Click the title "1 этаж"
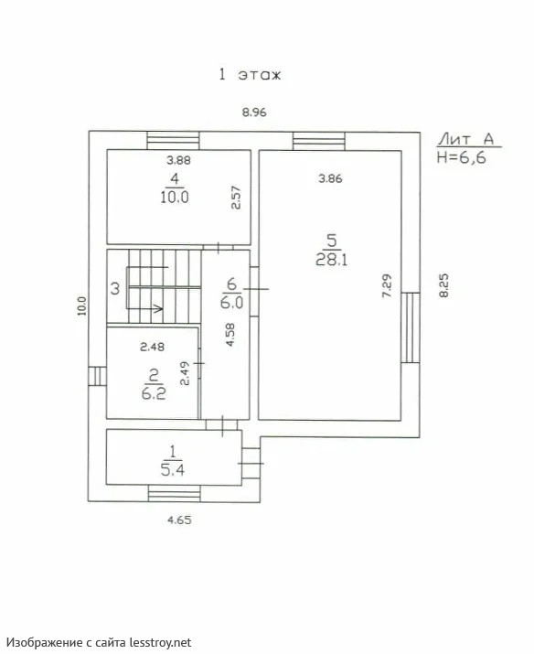click(x=251, y=75)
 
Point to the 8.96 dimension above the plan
click(x=254, y=113)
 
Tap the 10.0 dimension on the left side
click(x=81, y=306)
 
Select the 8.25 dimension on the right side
click(x=443, y=285)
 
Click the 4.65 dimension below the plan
click(x=179, y=520)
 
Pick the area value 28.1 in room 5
click(x=332, y=261)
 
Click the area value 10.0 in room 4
click(x=175, y=197)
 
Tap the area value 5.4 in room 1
click(x=173, y=470)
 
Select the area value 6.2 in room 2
click(x=154, y=393)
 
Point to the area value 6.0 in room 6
click(x=231, y=302)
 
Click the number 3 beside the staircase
click(x=115, y=289)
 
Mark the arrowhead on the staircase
click(x=158, y=308)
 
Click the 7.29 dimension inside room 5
click(x=388, y=285)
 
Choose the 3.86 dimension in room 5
click(x=330, y=179)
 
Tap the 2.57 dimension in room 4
click(x=236, y=198)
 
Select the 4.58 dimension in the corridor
click(x=230, y=335)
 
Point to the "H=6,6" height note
click(x=462, y=157)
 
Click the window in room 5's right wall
click(x=411, y=327)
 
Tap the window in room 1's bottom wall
click(x=175, y=493)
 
